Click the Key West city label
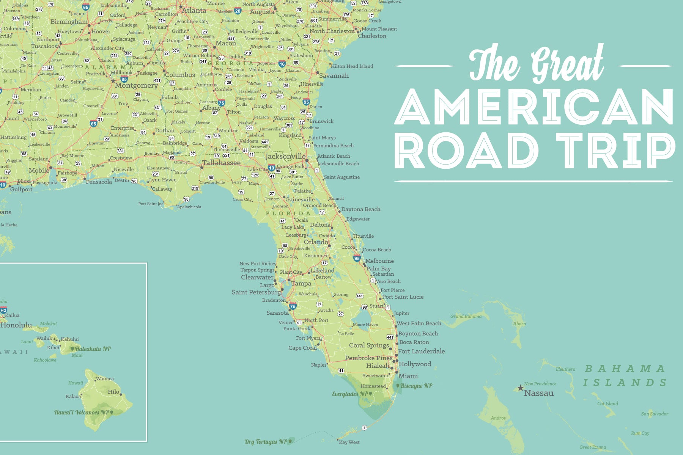coord(349,442)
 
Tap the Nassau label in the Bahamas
coord(539,393)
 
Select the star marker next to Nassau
coord(520,388)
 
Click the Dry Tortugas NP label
coord(266,441)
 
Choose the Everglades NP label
coord(350,394)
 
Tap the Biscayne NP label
coord(416,386)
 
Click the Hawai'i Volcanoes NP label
coord(82,412)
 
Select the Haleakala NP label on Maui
coord(93,348)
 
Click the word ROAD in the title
coord(467,151)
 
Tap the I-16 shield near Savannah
coord(282,64)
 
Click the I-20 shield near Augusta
coord(238,11)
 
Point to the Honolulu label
coord(16,325)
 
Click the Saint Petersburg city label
coord(256,292)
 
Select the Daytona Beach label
coord(360,209)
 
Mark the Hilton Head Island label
coord(352,66)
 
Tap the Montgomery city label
coord(136,85)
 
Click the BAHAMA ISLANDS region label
coord(625,375)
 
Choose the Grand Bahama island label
coord(466,316)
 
